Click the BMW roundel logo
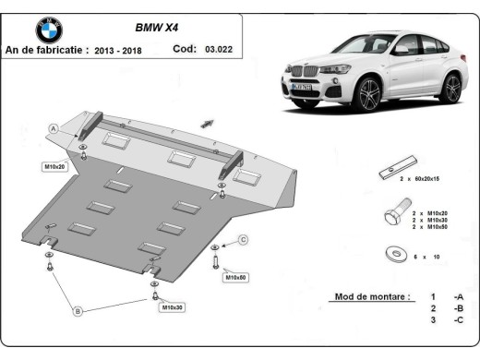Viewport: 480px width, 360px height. click(x=49, y=30)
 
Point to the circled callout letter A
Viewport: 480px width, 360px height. click(x=54, y=128)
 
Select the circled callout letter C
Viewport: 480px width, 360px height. click(x=244, y=240)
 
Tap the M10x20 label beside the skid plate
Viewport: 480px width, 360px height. click(x=57, y=166)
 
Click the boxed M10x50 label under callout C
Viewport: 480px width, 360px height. click(x=236, y=277)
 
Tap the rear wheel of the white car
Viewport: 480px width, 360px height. click(x=450, y=87)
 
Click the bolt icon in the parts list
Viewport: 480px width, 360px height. click(x=391, y=218)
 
